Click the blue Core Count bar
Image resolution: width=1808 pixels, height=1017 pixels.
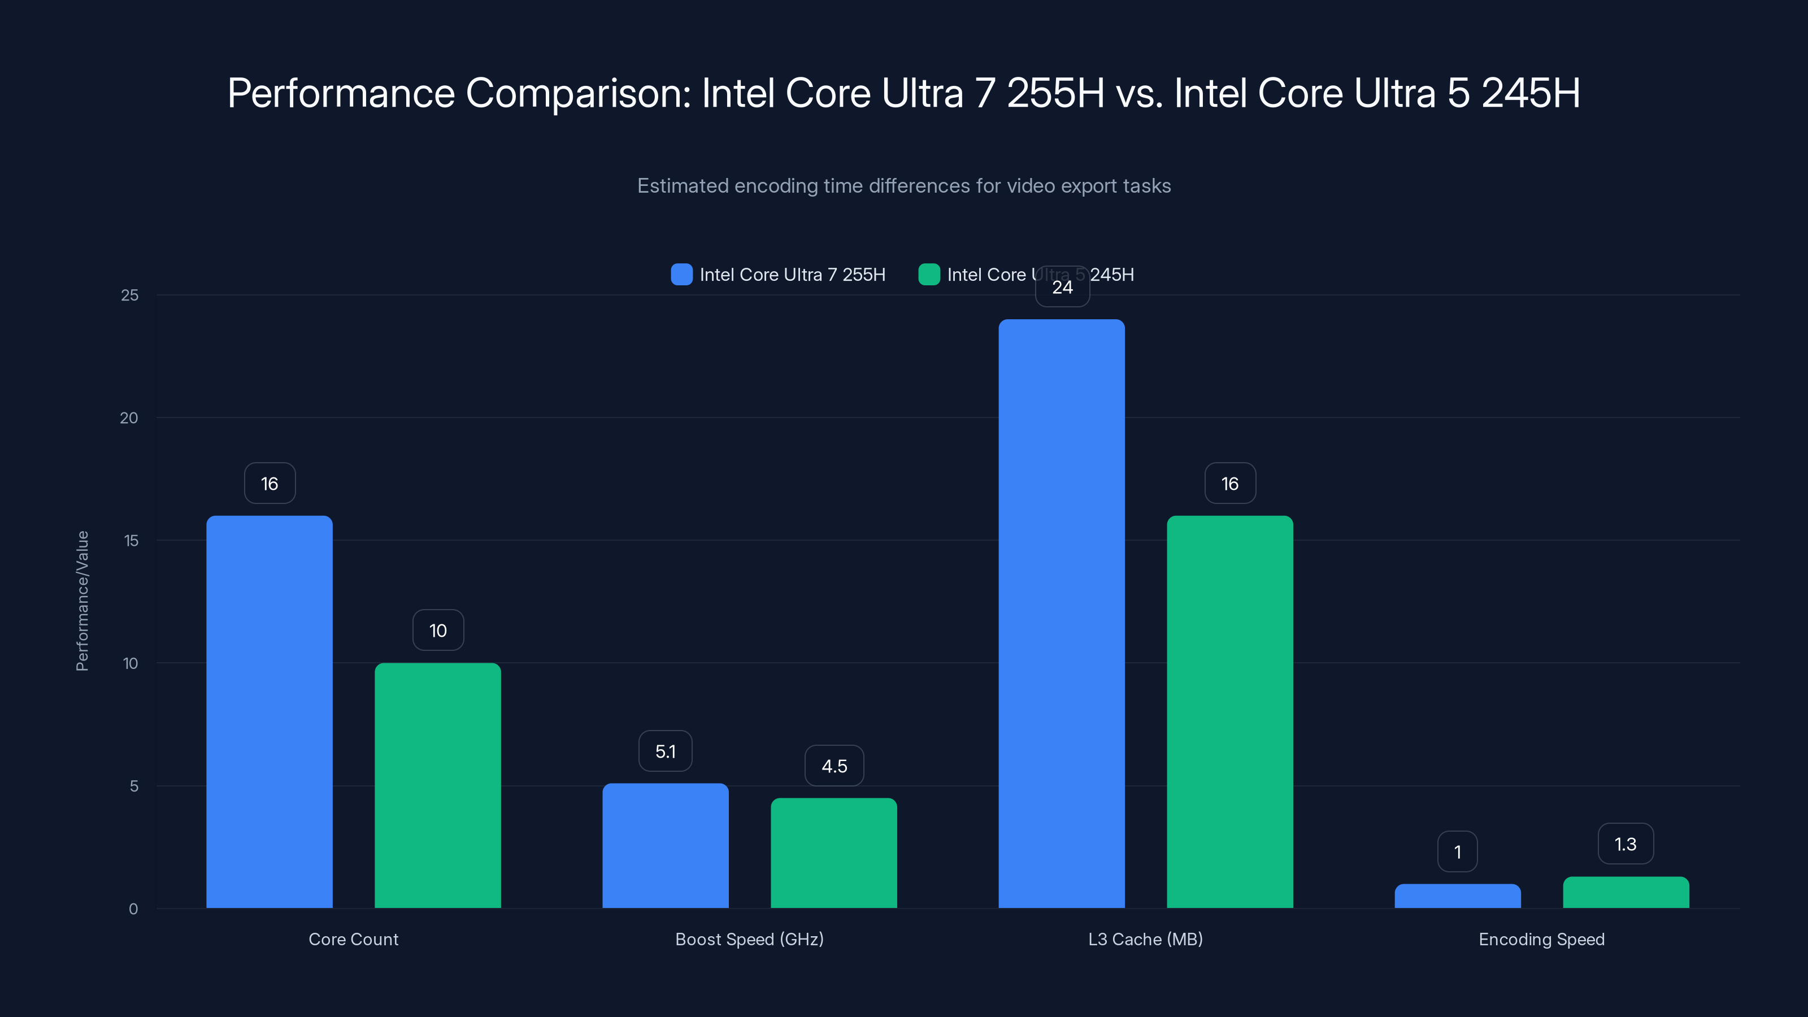pos(269,712)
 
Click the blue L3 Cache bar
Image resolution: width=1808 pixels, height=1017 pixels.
pos(1061,614)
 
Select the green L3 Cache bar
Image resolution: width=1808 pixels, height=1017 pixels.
pos(1229,712)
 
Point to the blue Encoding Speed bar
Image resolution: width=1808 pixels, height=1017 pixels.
pos(1457,896)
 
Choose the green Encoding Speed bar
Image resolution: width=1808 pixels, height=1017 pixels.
pos(1626,892)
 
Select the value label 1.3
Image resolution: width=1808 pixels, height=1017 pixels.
pos(1626,844)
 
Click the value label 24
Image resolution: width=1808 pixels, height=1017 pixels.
pos(1062,287)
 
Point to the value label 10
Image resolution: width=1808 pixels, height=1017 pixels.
pos(438,631)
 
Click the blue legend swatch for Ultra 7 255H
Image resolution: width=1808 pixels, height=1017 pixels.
pos(681,275)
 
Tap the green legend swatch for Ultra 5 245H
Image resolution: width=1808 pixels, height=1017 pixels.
pos(928,275)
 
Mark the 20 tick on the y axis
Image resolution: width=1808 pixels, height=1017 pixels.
pos(129,418)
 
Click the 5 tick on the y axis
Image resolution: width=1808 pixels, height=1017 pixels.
pos(133,786)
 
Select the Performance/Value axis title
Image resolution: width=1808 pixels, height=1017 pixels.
pos(82,601)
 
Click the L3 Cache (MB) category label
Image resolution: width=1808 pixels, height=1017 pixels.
pos(1145,939)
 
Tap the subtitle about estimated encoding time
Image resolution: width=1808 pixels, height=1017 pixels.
pos(903,186)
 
